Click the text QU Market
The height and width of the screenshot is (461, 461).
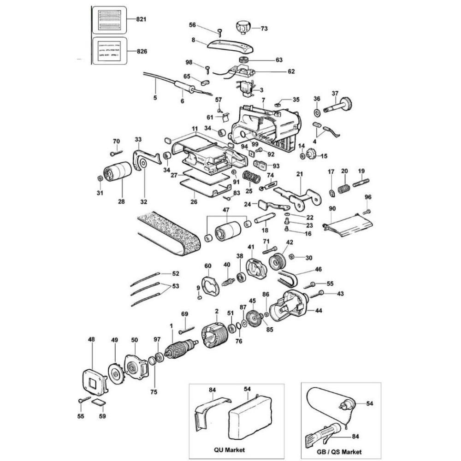point(230,449)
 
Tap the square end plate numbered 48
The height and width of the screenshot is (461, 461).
point(94,381)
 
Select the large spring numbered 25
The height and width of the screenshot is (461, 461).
point(250,177)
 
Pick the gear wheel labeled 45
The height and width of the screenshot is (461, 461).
point(252,318)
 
